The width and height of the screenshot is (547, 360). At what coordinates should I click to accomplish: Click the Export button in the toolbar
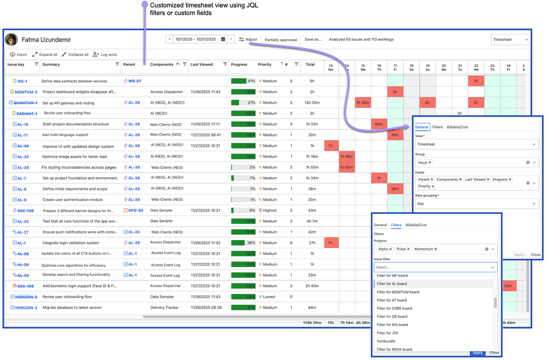coord(19,55)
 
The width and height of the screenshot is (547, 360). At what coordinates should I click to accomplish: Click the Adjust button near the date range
coord(248,39)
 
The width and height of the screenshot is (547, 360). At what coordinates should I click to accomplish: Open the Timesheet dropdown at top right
coord(510,39)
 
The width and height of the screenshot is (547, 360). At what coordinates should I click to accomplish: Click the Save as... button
coord(313,39)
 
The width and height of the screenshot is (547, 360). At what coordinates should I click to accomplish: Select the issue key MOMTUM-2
coord(26,92)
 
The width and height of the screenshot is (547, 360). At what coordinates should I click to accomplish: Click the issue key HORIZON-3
coord(26,307)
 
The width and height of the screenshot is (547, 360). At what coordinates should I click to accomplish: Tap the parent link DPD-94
coord(135,210)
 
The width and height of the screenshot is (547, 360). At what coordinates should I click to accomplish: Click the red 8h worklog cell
coord(427,102)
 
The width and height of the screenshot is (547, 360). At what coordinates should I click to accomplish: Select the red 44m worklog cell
coord(379,124)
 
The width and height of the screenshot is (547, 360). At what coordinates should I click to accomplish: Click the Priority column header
coord(265,65)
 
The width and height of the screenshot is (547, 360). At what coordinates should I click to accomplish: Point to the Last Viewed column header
coord(201,65)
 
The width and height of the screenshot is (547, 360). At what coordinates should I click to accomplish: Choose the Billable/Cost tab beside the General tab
coord(458,127)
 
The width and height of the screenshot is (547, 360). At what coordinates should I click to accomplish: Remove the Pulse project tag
coord(408,249)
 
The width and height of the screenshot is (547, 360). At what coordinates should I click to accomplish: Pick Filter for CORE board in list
coord(394,308)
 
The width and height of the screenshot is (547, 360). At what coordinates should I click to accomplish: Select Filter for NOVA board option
coord(394,349)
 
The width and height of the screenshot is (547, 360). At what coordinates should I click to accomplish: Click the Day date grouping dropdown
coord(476,204)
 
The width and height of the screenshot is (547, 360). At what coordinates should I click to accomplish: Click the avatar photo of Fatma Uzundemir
coord(11,39)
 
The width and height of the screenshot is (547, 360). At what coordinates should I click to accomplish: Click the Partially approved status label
coord(280,39)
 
